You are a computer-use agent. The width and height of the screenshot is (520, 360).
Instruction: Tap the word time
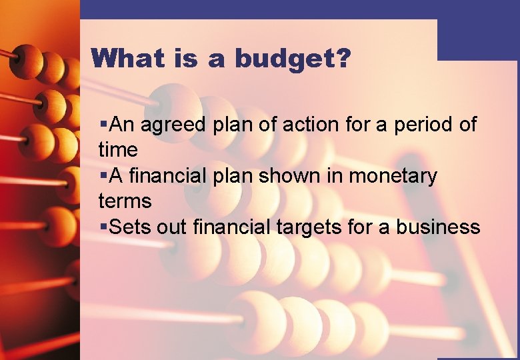point(118,149)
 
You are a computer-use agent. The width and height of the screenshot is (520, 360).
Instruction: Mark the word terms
point(125,201)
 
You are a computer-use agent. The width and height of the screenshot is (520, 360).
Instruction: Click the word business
point(438,227)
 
